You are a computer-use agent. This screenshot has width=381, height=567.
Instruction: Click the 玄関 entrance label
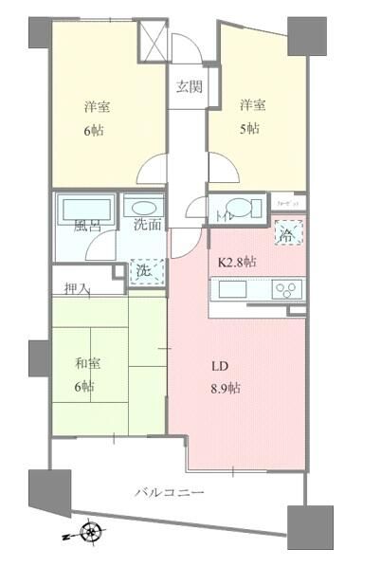coord(190,87)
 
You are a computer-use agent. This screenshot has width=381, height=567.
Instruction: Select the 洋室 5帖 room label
coord(251,114)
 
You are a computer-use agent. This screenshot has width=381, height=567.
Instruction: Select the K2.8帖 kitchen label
coord(237,263)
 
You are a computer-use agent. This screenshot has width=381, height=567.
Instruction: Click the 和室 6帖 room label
coord(85,374)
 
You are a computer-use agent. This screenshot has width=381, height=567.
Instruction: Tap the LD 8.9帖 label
coord(225,376)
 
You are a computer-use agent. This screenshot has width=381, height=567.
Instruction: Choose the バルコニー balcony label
coord(170,492)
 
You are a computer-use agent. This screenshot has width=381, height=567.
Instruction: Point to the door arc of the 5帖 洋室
coord(225,173)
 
